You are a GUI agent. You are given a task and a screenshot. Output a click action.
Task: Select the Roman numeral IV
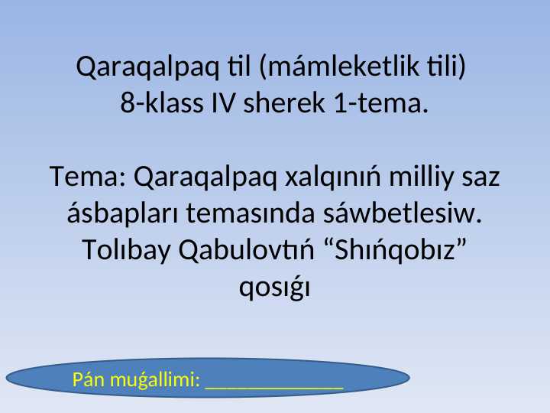pos(222,102)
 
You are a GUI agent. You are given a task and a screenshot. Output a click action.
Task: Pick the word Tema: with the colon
pos(88,178)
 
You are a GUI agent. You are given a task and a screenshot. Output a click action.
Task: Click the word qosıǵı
pos(274,287)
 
